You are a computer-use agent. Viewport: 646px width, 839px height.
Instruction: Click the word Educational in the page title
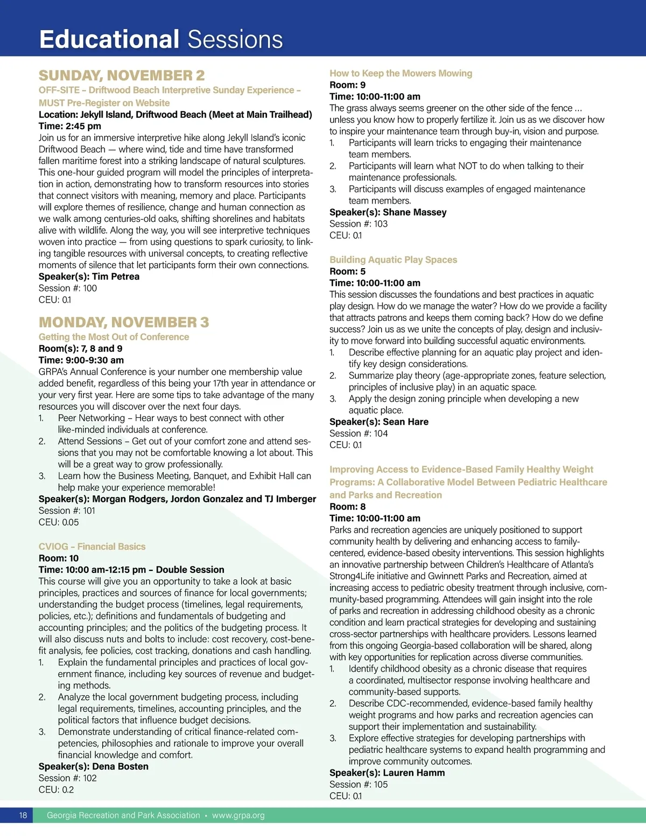point(109,40)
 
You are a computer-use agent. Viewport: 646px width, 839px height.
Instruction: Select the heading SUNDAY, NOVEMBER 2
point(122,75)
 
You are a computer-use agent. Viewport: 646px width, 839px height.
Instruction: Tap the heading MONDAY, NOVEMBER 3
point(124,322)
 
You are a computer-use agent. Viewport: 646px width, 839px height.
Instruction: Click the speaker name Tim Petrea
point(116,276)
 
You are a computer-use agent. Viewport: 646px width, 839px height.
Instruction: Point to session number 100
point(90,288)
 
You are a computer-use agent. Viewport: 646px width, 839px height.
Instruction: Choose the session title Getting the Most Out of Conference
point(114,337)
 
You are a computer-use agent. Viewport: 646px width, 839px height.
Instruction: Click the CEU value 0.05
point(70,522)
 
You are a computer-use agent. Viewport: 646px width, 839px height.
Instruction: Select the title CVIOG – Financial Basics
point(92,546)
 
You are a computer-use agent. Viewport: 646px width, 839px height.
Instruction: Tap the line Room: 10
point(58,558)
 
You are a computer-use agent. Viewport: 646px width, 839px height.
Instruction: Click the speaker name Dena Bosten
point(120,766)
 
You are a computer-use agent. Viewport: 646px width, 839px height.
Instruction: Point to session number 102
point(90,778)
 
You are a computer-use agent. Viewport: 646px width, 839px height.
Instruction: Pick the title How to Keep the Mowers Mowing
point(401,73)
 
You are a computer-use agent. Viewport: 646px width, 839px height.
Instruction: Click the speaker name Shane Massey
point(415,212)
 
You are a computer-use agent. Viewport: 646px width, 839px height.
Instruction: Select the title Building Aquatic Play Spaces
point(393,260)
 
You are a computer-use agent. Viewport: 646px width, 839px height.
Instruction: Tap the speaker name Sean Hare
point(405,422)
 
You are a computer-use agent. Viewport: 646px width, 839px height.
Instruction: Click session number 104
point(381,433)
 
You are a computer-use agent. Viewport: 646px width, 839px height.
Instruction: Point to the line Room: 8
point(347,506)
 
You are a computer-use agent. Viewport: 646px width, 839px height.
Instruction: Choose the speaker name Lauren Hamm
point(413,773)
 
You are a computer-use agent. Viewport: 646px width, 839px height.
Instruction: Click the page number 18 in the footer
point(23,815)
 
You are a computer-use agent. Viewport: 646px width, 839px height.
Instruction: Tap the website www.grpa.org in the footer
point(238,815)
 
